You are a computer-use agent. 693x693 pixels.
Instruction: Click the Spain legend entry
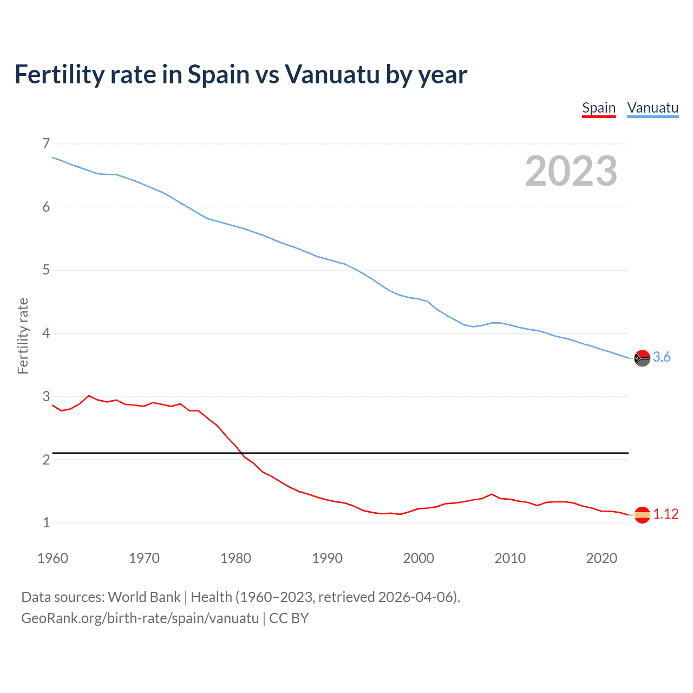tap(599, 108)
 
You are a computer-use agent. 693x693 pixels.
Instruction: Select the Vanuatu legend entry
tap(652, 108)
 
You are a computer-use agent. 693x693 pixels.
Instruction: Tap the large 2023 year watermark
tap(571, 171)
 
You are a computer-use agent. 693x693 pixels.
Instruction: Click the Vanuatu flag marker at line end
tap(642, 358)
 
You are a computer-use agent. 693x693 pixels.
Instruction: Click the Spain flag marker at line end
tap(642, 514)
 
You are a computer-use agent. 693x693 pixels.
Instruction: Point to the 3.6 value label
tap(662, 357)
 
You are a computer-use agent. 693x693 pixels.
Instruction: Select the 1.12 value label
tap(665, 514)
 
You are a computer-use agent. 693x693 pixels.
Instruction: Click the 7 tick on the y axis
tap(46, 143)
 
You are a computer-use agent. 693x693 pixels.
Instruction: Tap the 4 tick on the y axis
tap(46, 333)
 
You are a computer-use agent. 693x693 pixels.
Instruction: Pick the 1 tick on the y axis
tap(46, 522)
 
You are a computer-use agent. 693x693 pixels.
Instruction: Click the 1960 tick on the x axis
tap(53, 558)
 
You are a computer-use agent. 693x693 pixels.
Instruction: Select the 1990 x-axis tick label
tap(327, 558)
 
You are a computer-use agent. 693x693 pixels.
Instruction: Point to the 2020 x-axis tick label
tap(602, 558)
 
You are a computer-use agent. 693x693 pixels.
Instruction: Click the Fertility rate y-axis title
tap(23, 336)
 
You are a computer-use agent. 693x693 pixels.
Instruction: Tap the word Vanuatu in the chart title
tap(332, 74)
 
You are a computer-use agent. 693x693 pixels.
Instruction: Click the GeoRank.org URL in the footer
tap(140, 618)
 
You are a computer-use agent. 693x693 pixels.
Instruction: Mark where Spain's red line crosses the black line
tap(240, 453)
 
